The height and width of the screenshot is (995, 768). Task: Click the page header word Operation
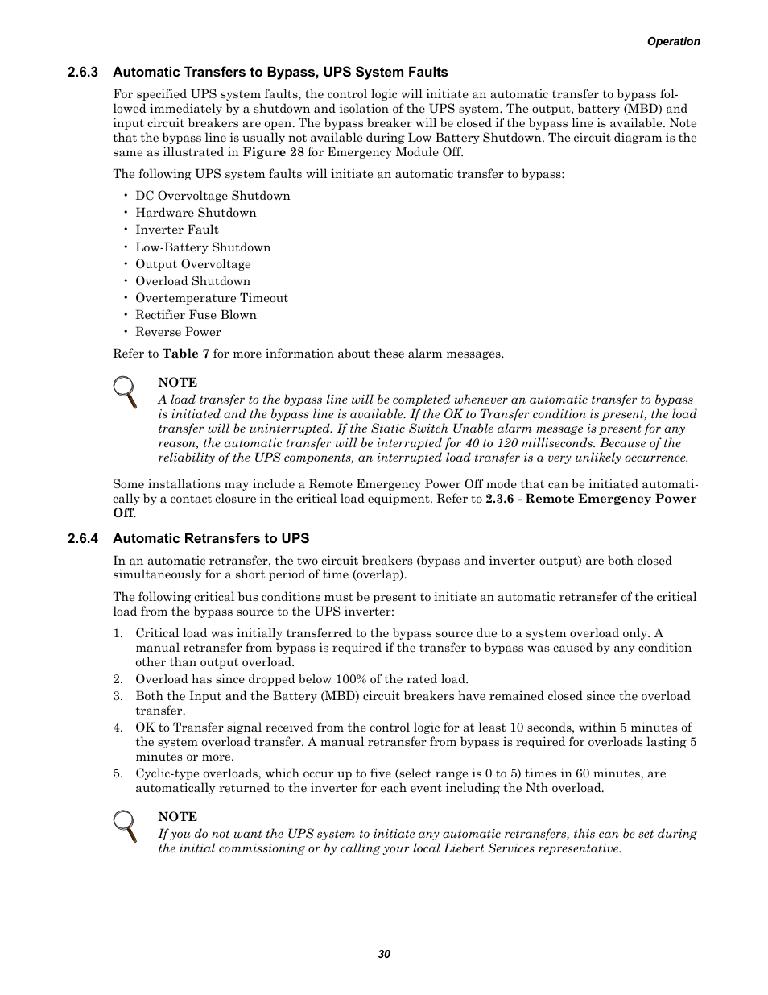[x=674, y=41]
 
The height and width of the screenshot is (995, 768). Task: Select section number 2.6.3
[x=82, y=72]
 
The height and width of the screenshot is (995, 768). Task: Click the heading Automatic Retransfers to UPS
[x=211, y=538]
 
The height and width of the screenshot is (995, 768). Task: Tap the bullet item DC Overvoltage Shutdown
[x=213, y=196]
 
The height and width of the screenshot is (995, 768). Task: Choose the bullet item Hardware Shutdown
[x=196, y=213]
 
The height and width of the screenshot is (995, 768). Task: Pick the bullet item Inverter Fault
[x=176, y=230]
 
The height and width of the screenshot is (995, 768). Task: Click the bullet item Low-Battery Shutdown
[x=203, y=247]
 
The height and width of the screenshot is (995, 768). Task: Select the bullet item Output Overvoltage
[x=193, y=264]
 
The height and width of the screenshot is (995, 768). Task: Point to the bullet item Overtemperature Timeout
[x=211, y=298]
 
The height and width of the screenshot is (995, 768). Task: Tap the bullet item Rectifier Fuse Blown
[x=196, y=315]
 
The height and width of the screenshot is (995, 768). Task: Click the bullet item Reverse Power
[x=178, y=332]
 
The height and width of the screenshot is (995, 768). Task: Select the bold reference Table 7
[x=185, y=354]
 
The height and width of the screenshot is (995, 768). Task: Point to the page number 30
[x=384, y=954]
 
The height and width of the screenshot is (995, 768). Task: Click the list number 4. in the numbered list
[x=118, y=728]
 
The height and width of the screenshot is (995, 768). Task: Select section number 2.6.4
[x=82, y=538]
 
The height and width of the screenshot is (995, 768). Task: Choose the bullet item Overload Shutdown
[x=192, y=281]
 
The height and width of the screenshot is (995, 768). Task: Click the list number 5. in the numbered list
[x=118, y=773]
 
